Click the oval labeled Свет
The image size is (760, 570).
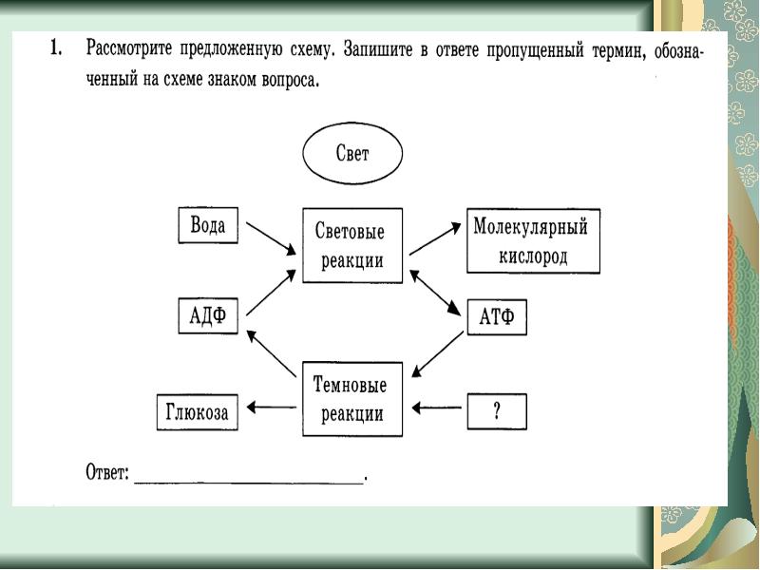352,155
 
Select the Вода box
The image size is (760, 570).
208,225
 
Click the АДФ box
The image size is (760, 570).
208,316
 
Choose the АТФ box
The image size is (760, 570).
496,316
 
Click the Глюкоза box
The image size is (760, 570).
196,410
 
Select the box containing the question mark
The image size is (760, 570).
496,410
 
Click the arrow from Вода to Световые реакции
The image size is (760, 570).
271,238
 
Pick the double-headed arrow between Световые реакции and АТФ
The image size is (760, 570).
435,293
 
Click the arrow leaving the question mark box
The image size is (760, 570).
438,409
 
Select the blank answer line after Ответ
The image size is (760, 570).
249,478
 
